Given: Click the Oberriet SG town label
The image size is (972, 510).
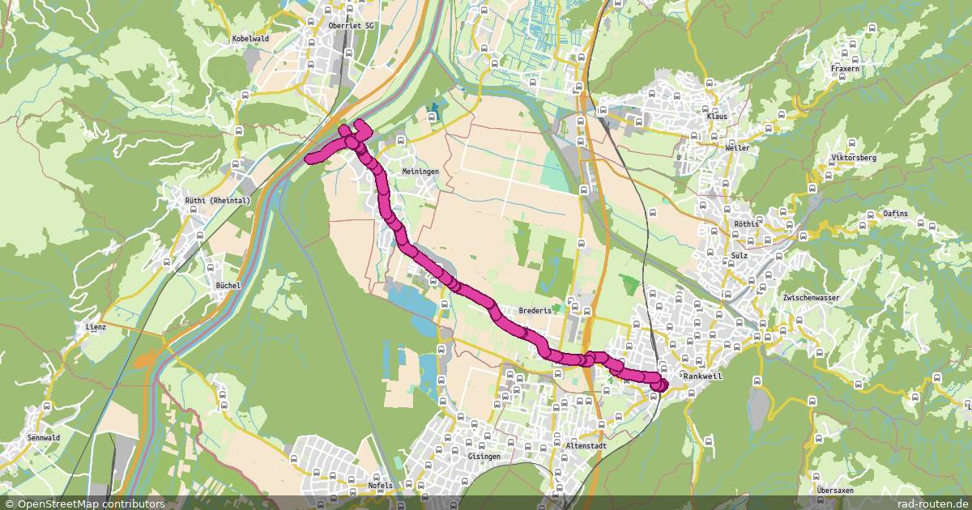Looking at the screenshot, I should pos(352,26).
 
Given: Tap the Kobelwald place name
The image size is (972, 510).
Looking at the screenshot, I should pos(250,38).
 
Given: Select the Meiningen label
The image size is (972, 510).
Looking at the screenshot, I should pos(420,172).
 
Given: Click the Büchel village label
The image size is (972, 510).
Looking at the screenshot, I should pos(228,285).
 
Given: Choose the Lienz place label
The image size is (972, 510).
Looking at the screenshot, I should pos(96,327).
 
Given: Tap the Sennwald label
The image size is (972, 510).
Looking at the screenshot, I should pos(66,437).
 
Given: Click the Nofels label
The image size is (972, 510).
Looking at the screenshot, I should pos(380,486).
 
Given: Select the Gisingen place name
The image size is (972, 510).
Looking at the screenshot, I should pos(484,457).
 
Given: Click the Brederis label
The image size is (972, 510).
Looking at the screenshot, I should pos(535,310).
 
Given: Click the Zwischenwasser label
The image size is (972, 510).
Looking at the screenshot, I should pos(811,298).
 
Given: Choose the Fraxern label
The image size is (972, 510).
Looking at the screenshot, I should pos(845,69).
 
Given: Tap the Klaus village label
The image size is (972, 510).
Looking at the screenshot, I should pos(717,117).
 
